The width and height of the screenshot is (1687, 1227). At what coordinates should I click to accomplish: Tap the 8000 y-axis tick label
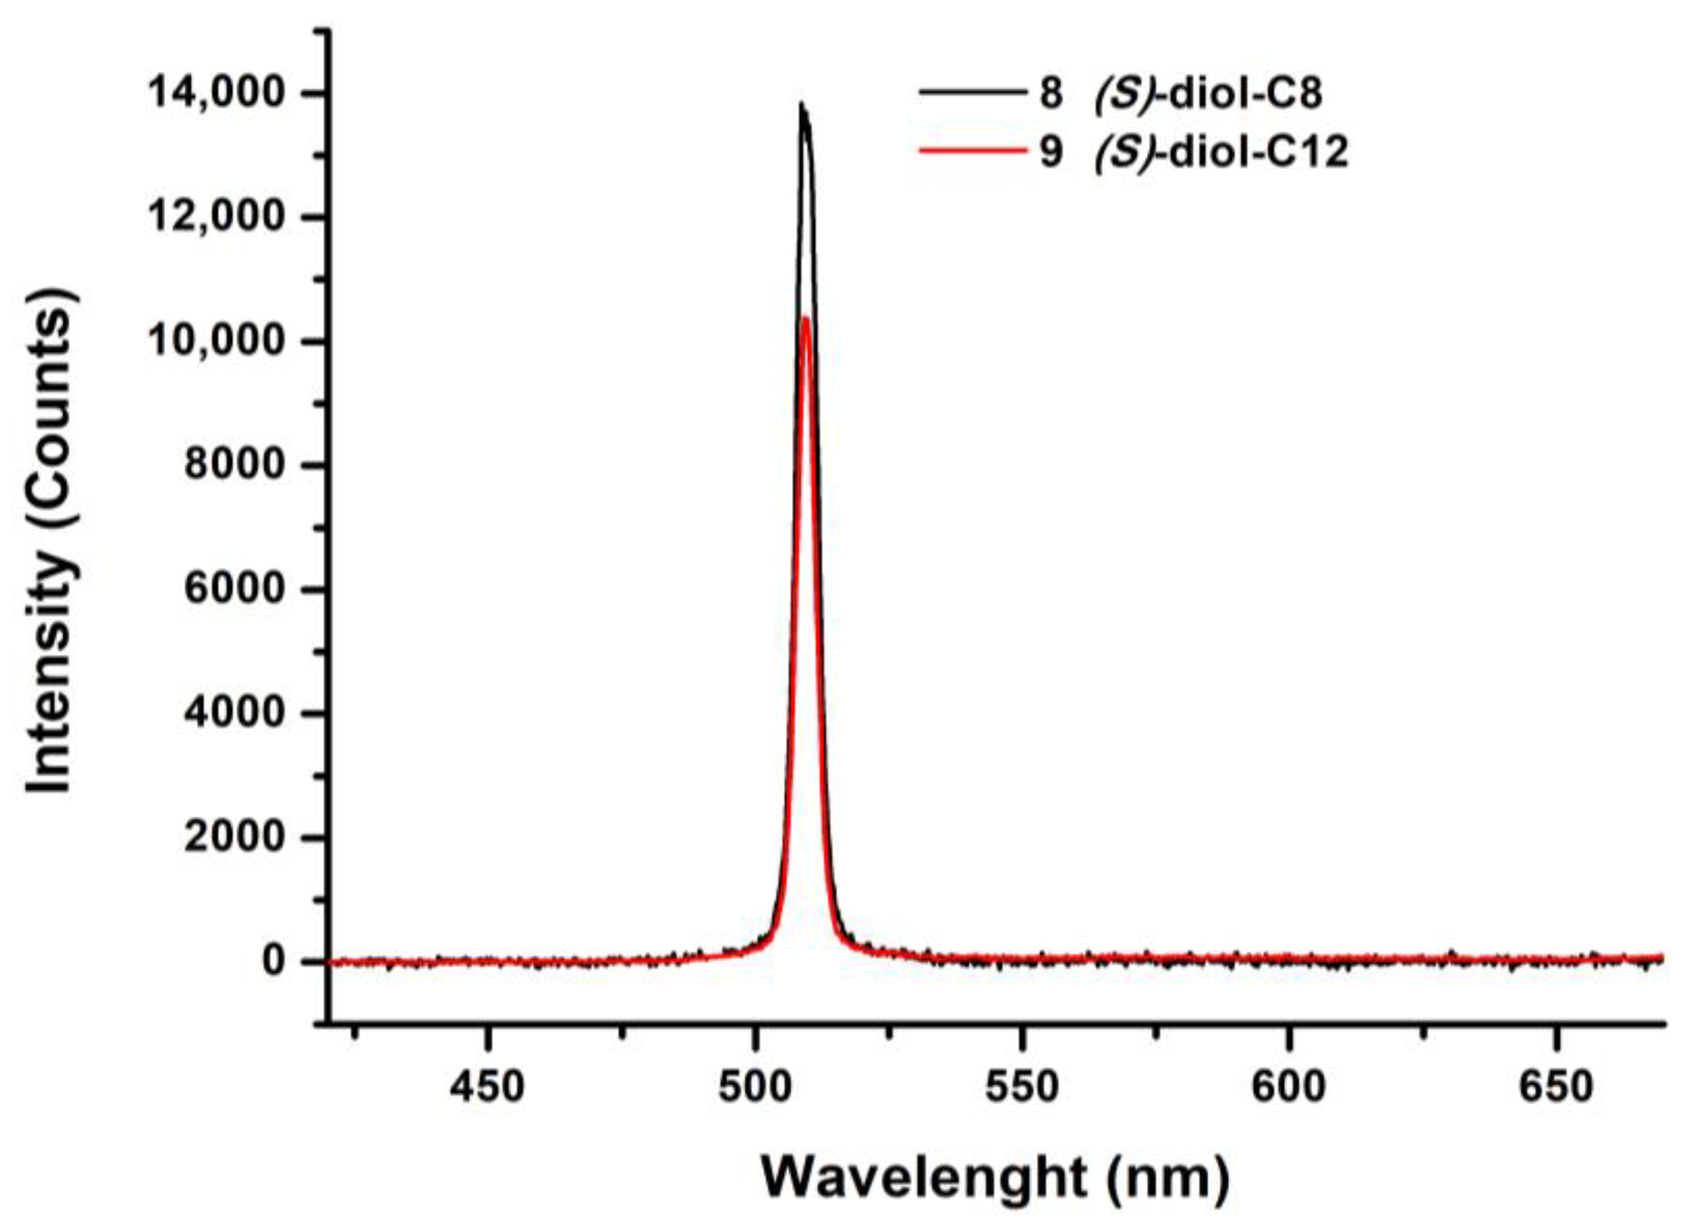(235, 465)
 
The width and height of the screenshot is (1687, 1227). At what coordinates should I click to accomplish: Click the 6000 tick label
(235, 590)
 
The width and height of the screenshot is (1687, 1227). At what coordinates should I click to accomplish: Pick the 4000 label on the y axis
(235, 714)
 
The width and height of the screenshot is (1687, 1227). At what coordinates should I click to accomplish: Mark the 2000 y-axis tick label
(235, 838)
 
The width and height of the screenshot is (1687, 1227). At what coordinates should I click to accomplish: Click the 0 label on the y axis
(274, 962)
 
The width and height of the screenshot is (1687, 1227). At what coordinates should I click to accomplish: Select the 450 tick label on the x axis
(488, 1089)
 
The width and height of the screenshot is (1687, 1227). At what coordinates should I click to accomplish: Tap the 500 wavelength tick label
(754, 1089)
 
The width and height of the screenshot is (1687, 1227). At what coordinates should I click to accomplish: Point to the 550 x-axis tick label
(1021, 1089)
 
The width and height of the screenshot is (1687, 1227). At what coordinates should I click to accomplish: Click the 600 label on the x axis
(1289, 1089)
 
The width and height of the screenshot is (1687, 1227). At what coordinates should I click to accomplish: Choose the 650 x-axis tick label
(1555, 1089)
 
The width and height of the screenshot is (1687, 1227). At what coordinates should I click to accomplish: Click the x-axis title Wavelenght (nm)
(994, 1178)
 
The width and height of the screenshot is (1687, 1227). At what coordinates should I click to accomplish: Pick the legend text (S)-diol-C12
(1222, 153)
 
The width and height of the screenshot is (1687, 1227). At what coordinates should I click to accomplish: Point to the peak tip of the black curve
(801, 104)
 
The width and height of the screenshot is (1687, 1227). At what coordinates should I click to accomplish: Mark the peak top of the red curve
(804, 318)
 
